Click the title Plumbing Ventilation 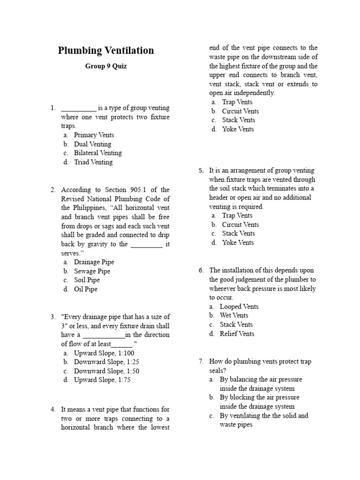(106, 51)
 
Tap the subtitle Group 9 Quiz (106, 66)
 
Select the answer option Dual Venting (92, 144)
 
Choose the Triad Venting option (93, 162)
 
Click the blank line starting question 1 (79, 108)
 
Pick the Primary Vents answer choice (94, 135)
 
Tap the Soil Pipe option (87, 280)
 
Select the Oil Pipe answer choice (86, 289)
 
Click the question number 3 (53, 317)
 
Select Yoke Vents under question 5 (238, 242)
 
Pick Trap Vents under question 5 (237, 216)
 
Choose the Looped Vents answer (239, 307)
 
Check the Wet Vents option (234, 315)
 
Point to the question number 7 (202, 361)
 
